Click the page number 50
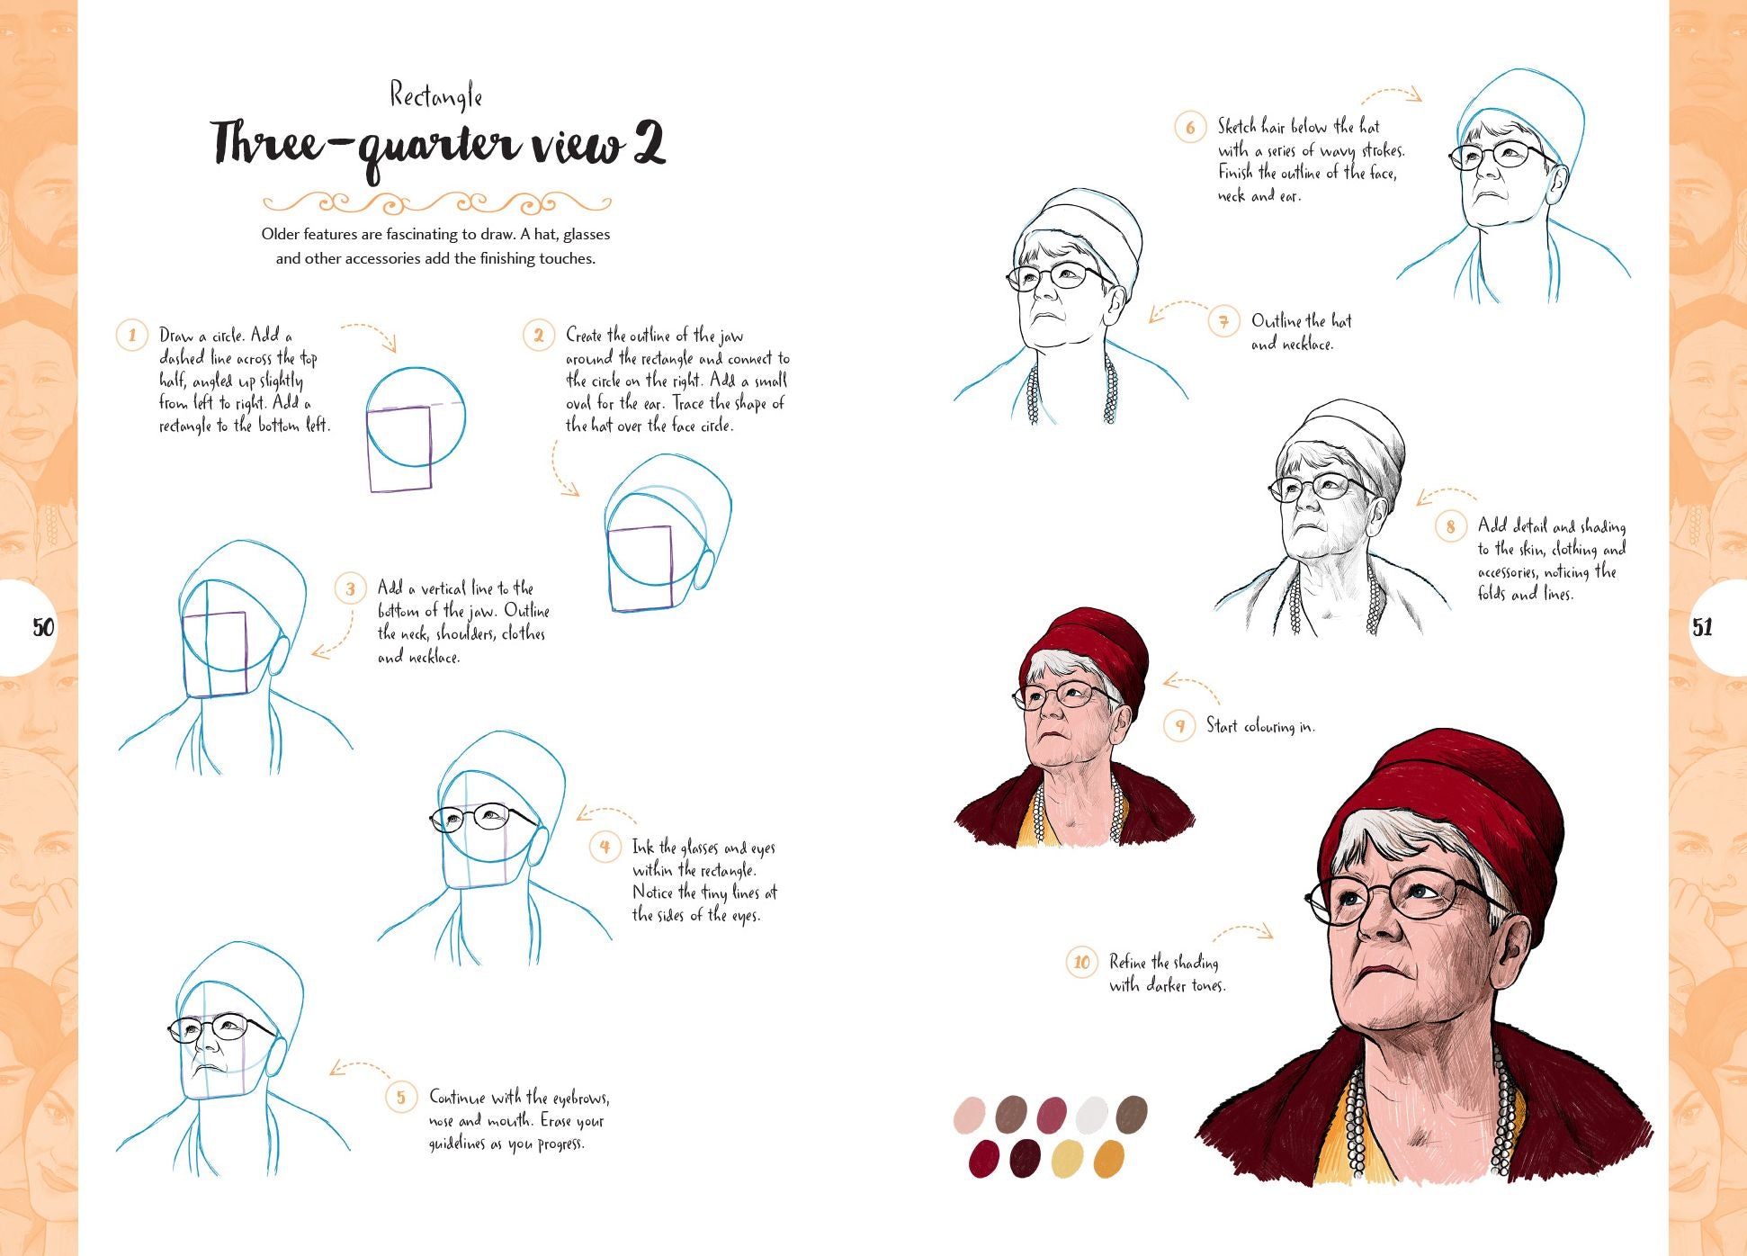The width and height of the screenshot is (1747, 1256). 43,627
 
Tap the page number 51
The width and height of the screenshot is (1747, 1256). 1702,627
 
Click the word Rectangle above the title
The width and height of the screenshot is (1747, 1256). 436,95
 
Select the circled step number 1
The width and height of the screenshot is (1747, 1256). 132,336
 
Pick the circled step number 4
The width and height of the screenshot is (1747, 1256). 605,847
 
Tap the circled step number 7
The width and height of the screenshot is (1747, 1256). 1223,321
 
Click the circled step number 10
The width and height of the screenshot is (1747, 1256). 1081,963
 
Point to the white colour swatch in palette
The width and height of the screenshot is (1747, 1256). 1092,1114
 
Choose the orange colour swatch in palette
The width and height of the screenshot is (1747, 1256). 1108,1159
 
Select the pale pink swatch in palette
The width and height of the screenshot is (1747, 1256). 969,1114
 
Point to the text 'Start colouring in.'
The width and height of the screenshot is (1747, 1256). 1259,726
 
